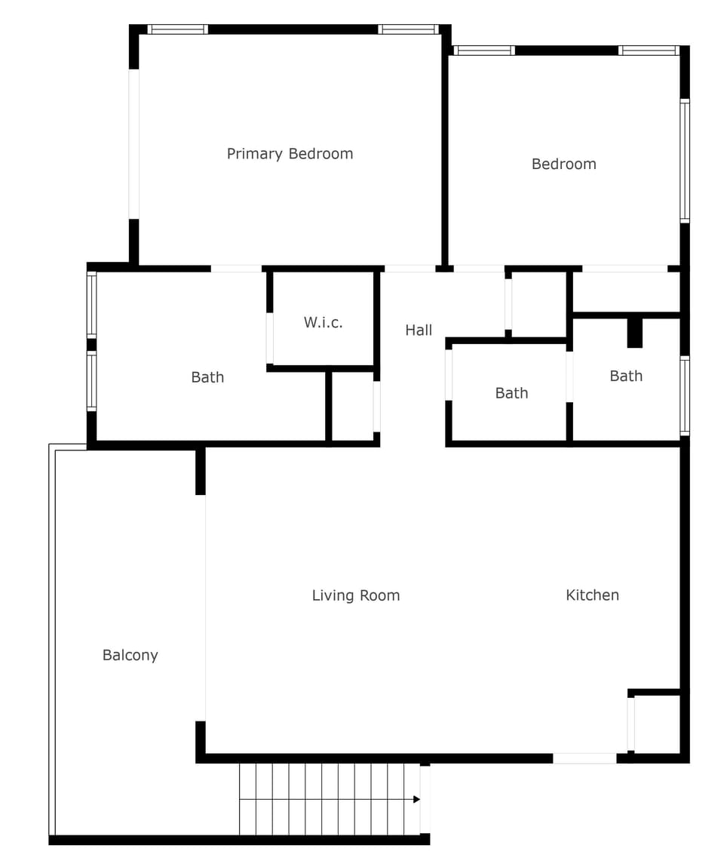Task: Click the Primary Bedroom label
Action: (290, 154)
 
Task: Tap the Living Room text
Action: (355, 595)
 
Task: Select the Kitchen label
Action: (592, 595)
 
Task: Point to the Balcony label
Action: (130, 655)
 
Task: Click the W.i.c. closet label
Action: (323, 322)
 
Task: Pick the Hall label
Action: (419, 330)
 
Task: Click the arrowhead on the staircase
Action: (416, 798)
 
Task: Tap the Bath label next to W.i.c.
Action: (207, 377)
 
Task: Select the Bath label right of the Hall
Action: (511, 393)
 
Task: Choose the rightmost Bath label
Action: (626, 376)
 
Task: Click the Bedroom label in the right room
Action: (563, 164)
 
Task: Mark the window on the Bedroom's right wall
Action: (685, 161)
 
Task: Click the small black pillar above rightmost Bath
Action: (635, 333)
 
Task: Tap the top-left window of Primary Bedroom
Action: (177, 29)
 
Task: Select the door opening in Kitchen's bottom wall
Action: (584, 758)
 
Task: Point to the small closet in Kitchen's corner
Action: (657, 724)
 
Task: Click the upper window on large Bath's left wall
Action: (91, 305)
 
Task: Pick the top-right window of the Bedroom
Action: (649, 51)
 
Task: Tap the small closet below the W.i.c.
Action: (353, 407)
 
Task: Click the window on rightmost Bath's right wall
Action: (685, 395)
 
